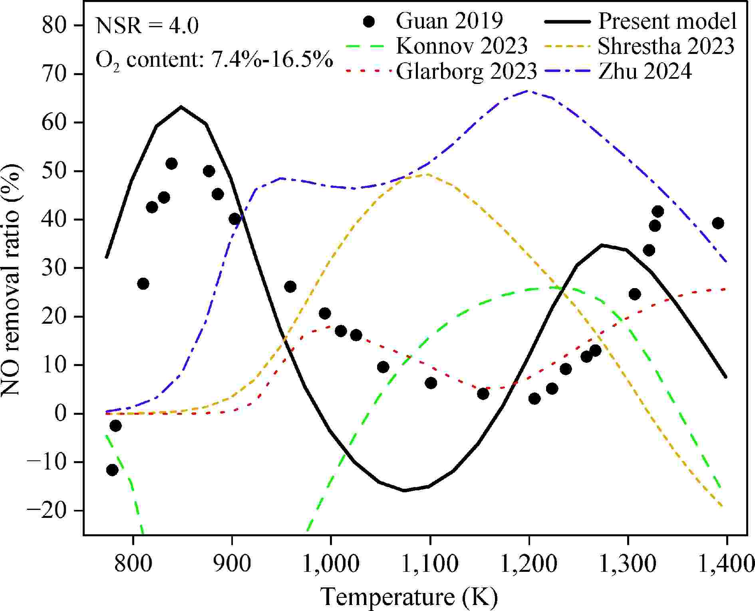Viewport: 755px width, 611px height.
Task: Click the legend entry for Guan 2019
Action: coord(449,21)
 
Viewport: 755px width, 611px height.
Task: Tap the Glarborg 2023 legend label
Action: coord(466,72)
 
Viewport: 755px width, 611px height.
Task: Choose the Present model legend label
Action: coord(667,21)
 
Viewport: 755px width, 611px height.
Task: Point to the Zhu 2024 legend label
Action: coord(645,72)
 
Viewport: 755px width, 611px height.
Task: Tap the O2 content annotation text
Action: coord(214,60)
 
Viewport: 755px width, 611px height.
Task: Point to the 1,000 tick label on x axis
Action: coord(331,564)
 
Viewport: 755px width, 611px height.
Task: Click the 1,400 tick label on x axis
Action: coord(726,564)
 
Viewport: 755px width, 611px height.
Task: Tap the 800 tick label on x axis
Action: coord(133,564)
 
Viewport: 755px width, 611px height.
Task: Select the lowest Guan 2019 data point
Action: coord(112,470)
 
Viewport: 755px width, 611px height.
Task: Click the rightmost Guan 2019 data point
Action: coord(718,223)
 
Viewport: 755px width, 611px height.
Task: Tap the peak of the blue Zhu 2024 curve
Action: coord(528,91)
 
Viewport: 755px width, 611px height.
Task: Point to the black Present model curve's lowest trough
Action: coord(404,490)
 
